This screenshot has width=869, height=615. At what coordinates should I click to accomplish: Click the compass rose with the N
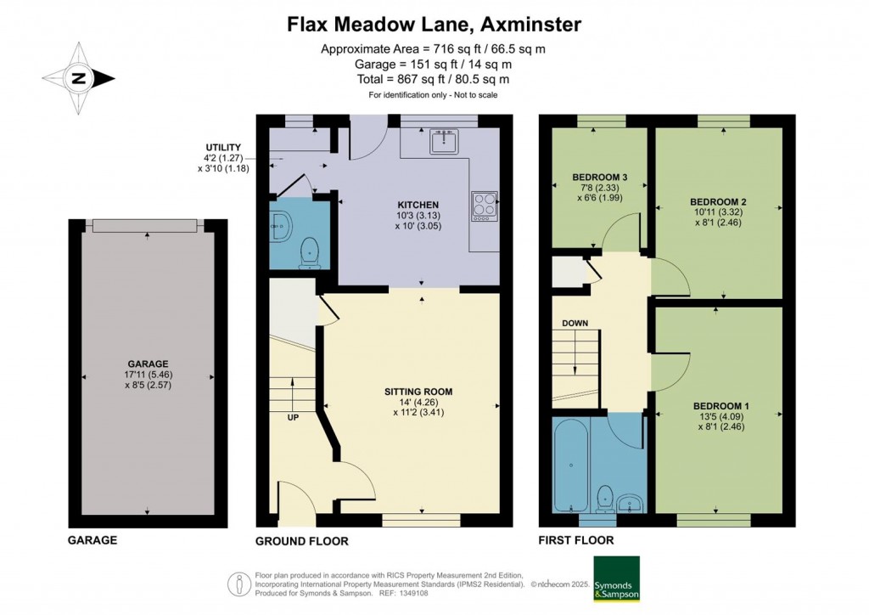[79, 78]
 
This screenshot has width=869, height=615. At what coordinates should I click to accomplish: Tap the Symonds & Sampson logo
[616, 578]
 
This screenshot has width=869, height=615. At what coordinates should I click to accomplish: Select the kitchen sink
[443, 141]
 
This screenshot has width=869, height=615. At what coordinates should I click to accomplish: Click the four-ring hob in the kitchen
[485, 206]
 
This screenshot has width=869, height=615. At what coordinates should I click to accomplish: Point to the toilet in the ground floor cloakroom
[309, 253]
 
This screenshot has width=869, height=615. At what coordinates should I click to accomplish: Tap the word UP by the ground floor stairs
[293, 417]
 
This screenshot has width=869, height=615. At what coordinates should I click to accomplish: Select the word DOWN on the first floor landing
[575, 324]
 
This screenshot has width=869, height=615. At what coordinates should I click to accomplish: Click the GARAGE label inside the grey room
[148, 364]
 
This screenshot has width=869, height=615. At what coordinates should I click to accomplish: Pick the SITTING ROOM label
[418, 392]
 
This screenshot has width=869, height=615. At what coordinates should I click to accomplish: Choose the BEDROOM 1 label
[721, 406]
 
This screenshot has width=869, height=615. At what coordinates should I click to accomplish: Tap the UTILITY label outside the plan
[223, 148]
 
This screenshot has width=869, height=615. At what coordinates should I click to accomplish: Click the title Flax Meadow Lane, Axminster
[434, 25]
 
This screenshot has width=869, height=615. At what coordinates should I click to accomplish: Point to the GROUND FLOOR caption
[301, 541]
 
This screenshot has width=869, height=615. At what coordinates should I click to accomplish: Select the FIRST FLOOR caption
[576, 540]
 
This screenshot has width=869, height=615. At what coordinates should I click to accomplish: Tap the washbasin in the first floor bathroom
[631, 502]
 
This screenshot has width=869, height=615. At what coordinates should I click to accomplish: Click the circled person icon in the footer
[239, 584]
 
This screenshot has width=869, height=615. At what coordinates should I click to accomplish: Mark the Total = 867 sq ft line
[434, 79]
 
